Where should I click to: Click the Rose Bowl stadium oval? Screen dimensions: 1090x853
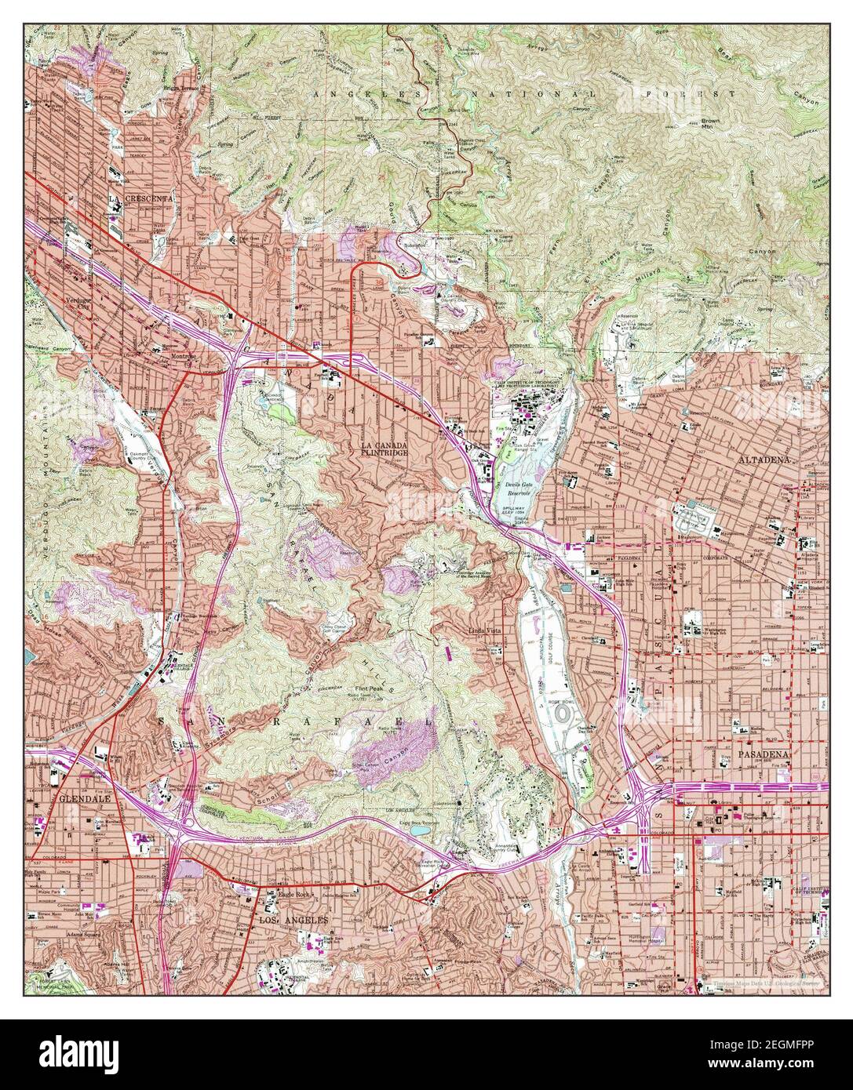coord(563,716)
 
